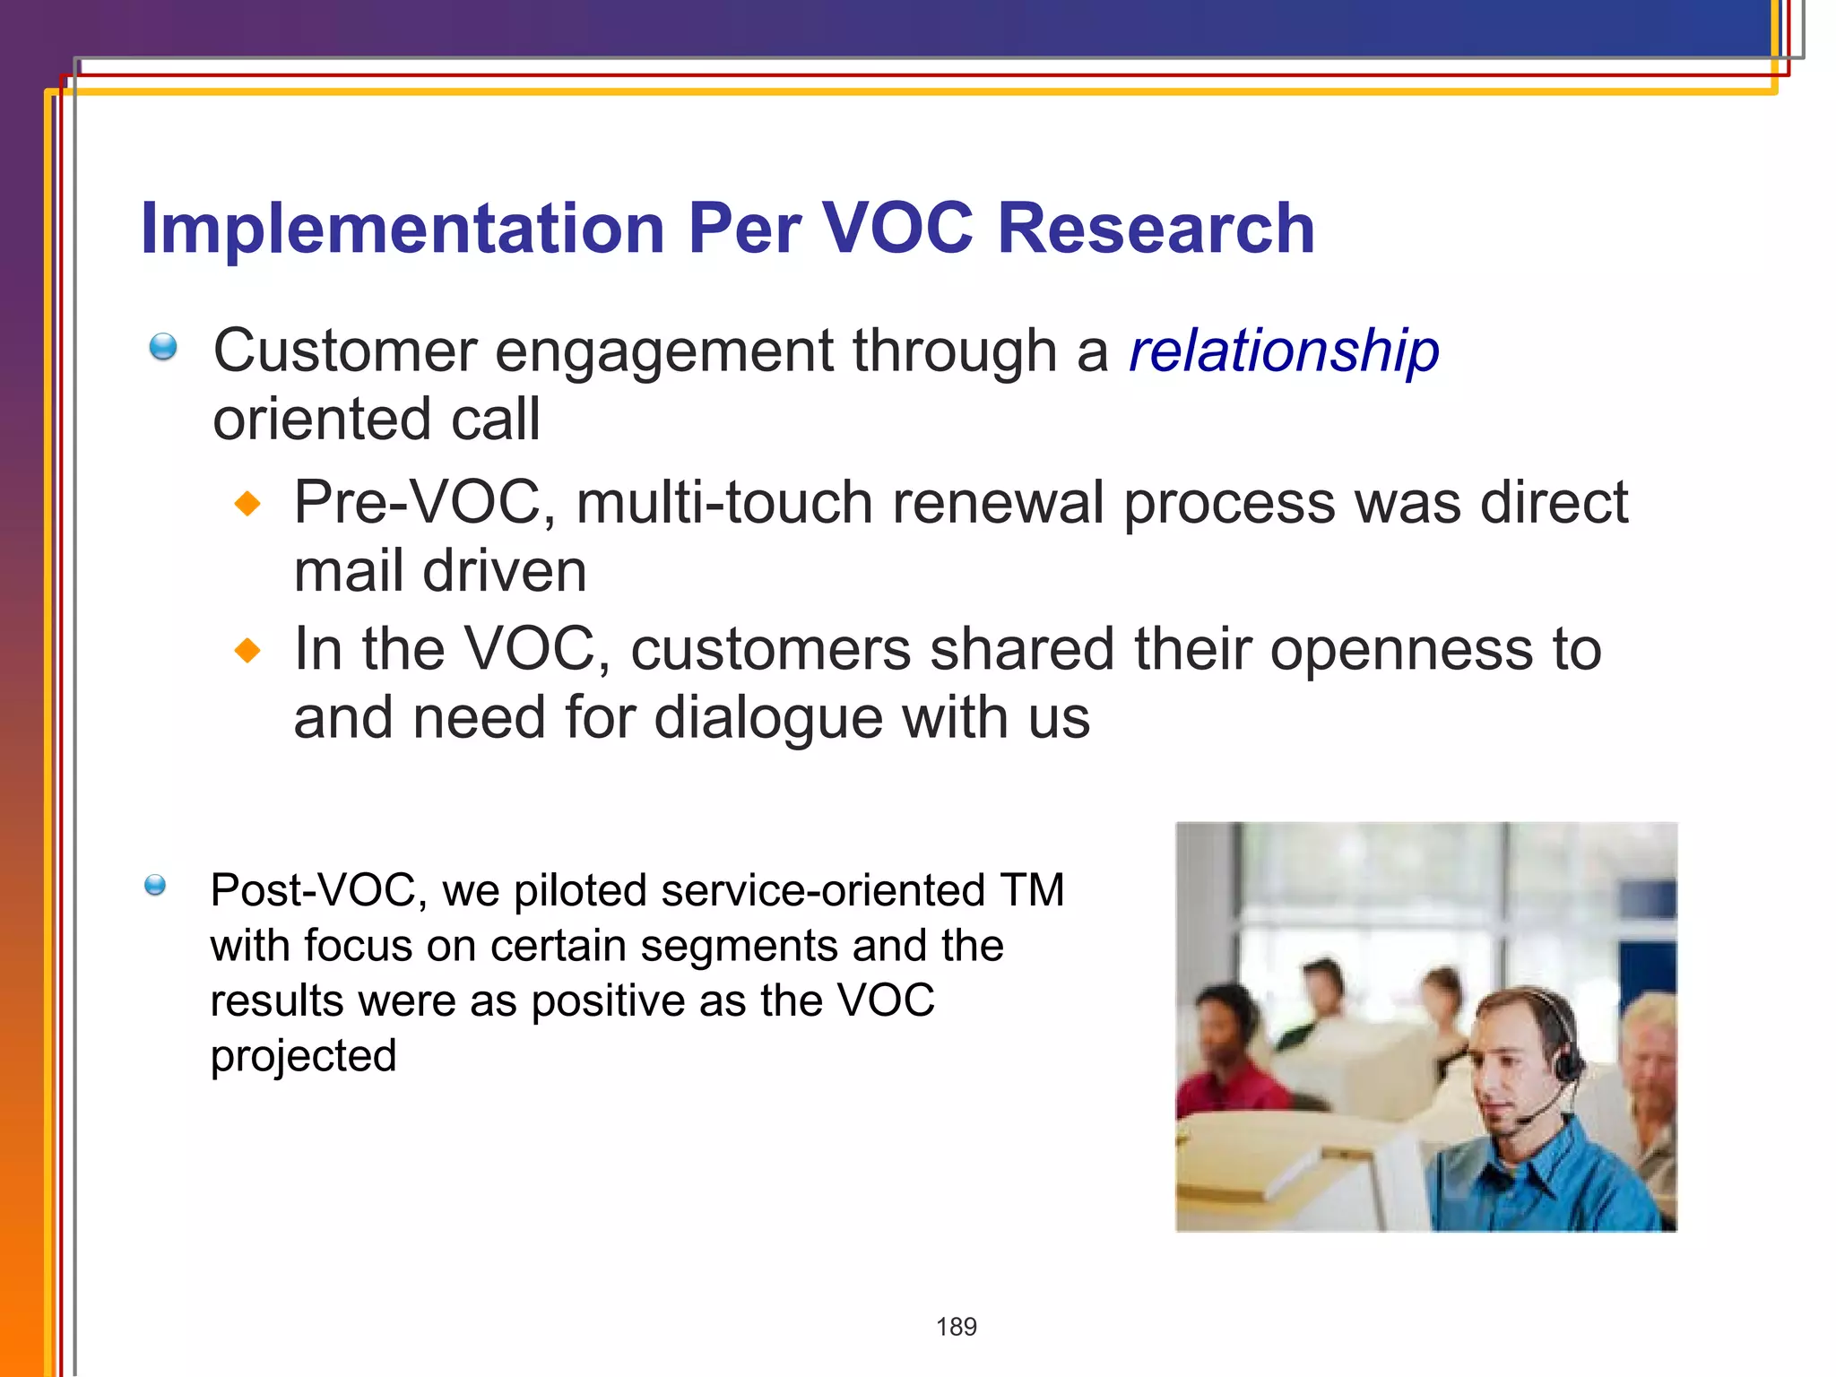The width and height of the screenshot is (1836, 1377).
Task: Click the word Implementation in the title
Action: coord(403,228)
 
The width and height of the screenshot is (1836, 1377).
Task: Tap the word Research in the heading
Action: coord(1156,228)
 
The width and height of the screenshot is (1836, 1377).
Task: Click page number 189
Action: coord(956,1327)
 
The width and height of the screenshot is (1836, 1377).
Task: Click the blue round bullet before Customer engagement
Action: coord(163,346)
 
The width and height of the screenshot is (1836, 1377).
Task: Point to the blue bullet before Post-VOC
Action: coord(155,886)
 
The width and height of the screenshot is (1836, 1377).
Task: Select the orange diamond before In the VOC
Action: coord(247,650)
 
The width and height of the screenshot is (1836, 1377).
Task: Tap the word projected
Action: coord(303,1055)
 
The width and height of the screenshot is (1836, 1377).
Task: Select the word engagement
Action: coord(663,351)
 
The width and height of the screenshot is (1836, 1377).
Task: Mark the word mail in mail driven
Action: coord(349,571)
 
